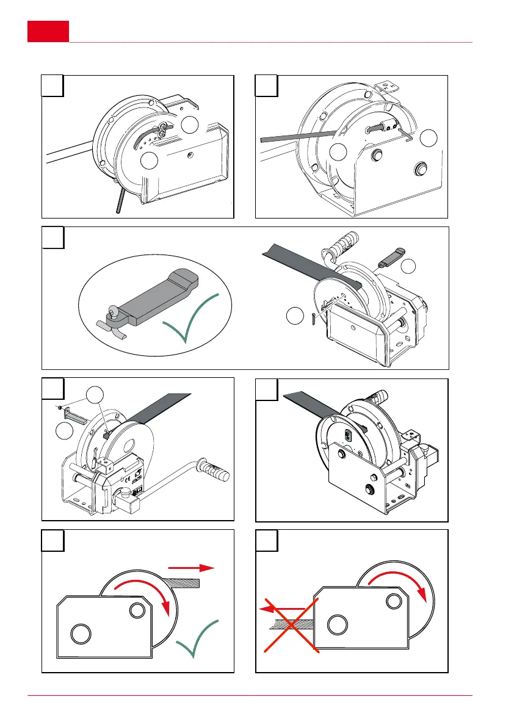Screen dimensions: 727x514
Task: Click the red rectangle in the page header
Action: point(48,31)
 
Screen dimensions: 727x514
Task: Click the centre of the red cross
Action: point(292,625)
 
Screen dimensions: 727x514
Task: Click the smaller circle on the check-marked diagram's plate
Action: point(136,611)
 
